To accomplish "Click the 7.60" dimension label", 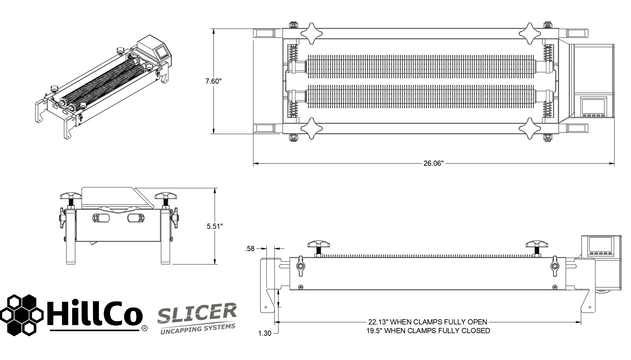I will [213, 81].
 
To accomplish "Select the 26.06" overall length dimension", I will [433, 164].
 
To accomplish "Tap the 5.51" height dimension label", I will [215, 226].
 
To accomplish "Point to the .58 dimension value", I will [250, 249].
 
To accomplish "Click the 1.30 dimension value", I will [264, 334].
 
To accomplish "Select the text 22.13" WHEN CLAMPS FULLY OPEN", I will [427, 322].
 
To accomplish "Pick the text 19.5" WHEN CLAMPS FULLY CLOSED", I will [428, 331].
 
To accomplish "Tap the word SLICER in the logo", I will [197, 313].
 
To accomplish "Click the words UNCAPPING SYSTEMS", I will [198, 330].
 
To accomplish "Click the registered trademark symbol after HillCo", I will [145, 328].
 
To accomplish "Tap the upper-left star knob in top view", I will [312, 33].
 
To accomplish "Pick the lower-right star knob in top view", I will [529, 129].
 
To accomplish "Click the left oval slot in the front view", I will [101, 218].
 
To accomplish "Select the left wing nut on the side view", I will [300, 266].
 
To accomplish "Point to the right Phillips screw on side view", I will [555, 287].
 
